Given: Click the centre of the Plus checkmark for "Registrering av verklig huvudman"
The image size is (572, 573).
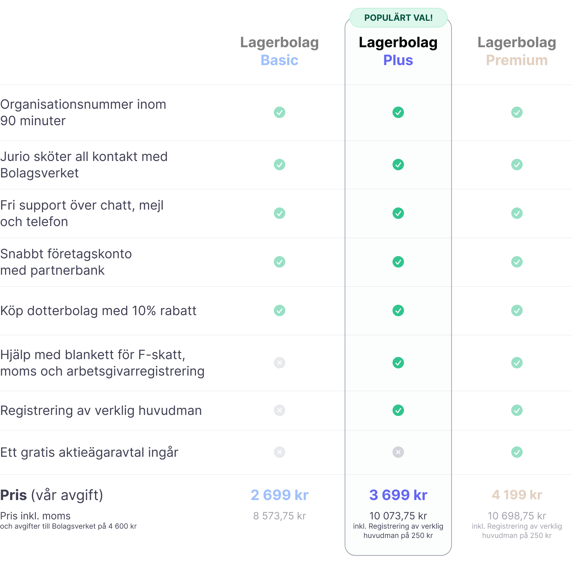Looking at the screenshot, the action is tap(398, 410).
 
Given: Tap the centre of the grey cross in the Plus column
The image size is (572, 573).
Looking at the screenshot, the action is tap(398, 452).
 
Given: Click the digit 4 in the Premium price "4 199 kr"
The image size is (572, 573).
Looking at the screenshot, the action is tap(496, 495).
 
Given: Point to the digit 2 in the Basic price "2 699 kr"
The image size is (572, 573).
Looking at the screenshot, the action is tap(255, 495).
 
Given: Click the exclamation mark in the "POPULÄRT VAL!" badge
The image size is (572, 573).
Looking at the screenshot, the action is tap(431, 18).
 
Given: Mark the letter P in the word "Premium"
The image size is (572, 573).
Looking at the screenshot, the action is tap(491, 60).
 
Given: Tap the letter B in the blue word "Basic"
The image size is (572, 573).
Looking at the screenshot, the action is tap(266, 60).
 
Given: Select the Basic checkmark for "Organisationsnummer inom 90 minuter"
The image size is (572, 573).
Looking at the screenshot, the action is tap(280, 112).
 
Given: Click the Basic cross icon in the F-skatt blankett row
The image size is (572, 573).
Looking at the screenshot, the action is tap(280, 363).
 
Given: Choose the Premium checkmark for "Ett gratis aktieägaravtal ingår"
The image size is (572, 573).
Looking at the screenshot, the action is tap(517, 452).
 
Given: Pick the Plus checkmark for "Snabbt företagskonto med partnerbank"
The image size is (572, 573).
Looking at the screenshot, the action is tap(398, 262).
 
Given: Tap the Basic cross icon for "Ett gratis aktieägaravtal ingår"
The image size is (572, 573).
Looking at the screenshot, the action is tap(280, 452).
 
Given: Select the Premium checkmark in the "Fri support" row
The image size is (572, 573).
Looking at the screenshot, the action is tap(517, 213).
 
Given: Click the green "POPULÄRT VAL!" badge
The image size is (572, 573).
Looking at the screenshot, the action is tap(398, 18).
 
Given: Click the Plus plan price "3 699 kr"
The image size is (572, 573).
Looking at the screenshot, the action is tap(398, 495).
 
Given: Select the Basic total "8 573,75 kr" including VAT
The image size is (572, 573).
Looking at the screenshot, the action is tap(280, 516).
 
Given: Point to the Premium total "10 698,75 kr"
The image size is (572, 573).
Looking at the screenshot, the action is tap(517, 516).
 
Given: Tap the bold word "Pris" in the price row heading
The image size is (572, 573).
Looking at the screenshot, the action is tap(14, 495).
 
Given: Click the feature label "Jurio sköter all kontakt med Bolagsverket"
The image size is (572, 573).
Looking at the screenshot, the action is tap(84, 165).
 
